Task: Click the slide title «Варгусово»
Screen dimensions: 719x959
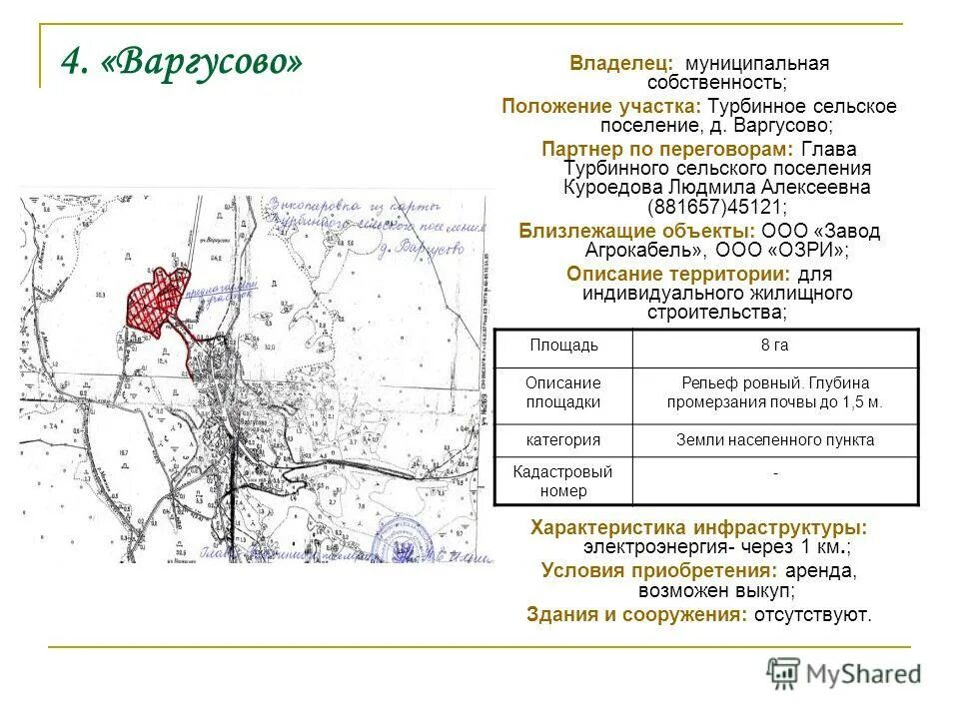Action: pyautogui.click(x=181, y=62)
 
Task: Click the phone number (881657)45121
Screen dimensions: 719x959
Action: pyautogui.click(x=717, y=207)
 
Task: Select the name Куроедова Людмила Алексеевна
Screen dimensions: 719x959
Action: pyautogui.click(x=716, y=188)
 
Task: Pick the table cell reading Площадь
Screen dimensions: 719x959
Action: pyautogui.click(x=563, y=347)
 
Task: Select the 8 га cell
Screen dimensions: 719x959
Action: pyautogui.click(x=774, y=347)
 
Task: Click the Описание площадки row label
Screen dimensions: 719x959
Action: pyautogui.click(x=563, y=392)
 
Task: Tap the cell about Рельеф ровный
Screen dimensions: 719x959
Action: pyautogui.click(x=774, y=392)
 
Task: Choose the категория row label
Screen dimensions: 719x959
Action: pyautogui.click(x=563, y=439)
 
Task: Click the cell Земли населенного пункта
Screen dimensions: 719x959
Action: pyautogui.click(x=774, y=439)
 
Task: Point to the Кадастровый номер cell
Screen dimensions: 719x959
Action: pyautogui.click(x=563, y=480)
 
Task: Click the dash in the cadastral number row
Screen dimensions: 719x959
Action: pyautogui.click(x=774, y=473)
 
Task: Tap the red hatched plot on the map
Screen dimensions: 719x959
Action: pyautogui.click(x=155, y=298)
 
